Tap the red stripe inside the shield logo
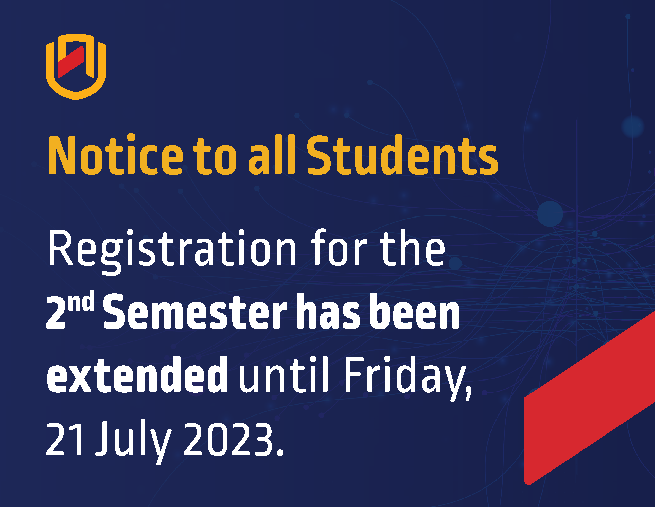coord(71,62)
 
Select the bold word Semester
coord(195,312)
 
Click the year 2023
coord(233,438)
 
